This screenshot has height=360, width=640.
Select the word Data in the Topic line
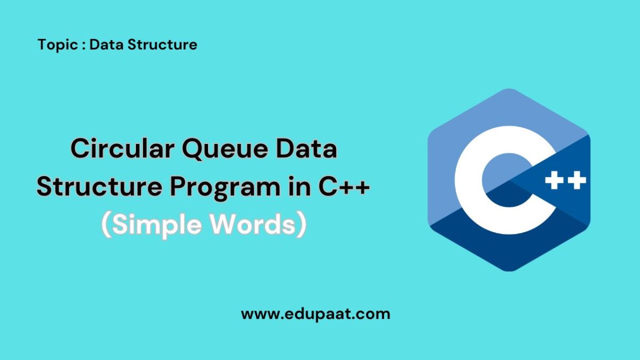[105, 45]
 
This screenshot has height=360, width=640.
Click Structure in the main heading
[92, 187]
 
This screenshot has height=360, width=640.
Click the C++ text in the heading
[343, 187]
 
